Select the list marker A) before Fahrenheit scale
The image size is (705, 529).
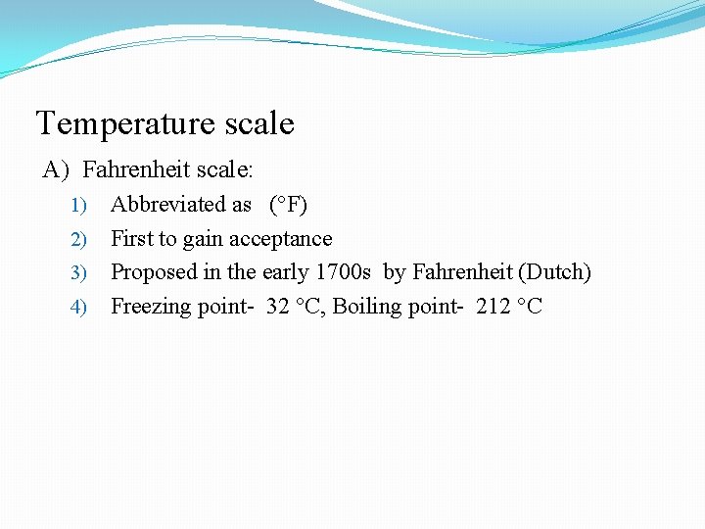55,170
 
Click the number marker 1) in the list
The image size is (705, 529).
79,206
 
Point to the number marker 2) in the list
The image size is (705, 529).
79,239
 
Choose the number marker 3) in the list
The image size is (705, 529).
79,272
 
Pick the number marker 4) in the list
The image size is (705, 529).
79,307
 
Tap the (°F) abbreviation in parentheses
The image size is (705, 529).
288,205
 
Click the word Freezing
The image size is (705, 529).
151,307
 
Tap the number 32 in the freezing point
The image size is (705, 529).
278,307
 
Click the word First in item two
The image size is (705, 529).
130,239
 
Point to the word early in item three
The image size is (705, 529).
285,272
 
